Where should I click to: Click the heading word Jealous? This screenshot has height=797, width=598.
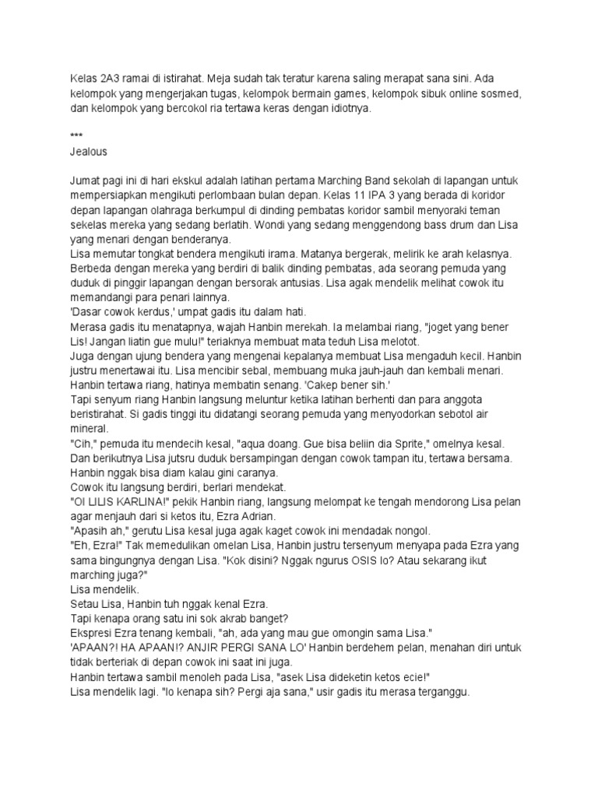coord(88,151)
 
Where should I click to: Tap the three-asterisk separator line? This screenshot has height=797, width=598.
coord(75,135)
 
